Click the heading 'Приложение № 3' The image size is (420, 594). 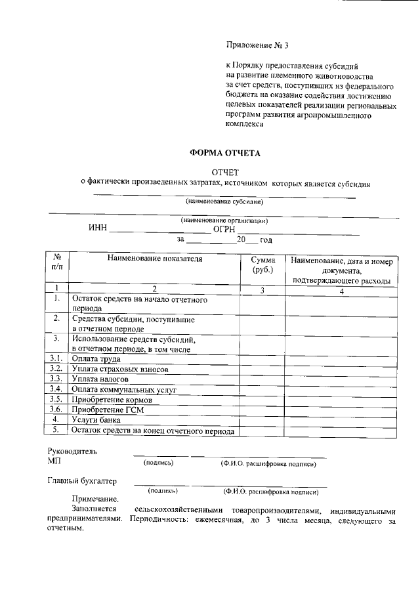click(x=257, y=45)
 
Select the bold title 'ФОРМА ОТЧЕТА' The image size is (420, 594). click(x=225, y=153)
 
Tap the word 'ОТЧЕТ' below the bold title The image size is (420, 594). click(x=225, y=172)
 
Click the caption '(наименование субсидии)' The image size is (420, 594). click(x=224, y=202)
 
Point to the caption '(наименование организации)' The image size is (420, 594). click(x=224, y=221)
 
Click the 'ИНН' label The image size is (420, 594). click(x=98, y=230)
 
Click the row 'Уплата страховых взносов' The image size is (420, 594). click(x=120, y=370)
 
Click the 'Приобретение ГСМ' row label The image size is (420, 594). click(x=108, y=410)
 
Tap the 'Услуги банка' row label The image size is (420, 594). click(x=96, y=420)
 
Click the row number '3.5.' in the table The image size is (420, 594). click(x=57, y=400)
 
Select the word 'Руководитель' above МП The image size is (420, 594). click(x=72, y=452)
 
